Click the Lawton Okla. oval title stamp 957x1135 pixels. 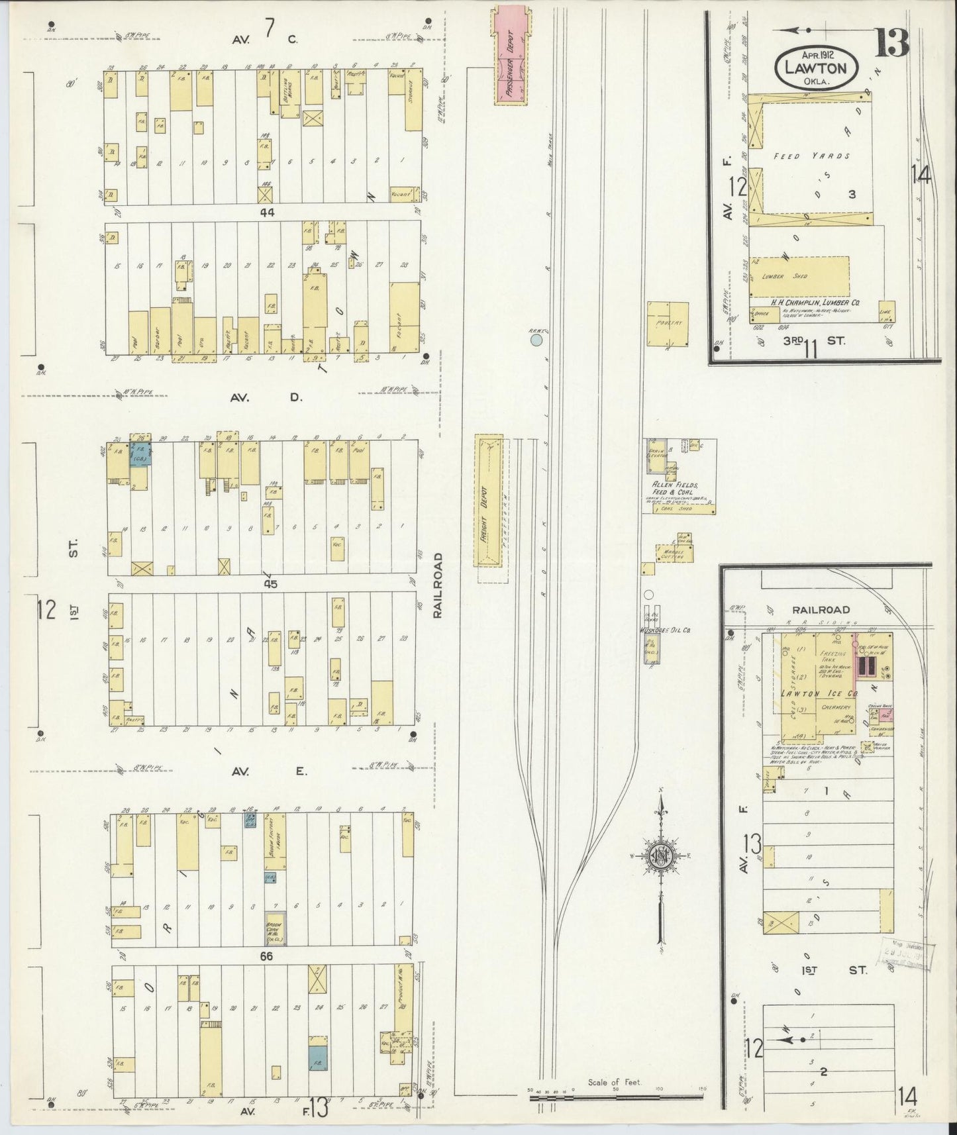tap(818, 67)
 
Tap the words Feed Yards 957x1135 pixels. tap(813, 157)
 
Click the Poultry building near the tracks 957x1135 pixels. tap(668, 324)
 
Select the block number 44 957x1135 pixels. tap(267, 213)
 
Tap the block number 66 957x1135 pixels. tap(266, 956)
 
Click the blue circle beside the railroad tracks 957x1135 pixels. tap(536, 340)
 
